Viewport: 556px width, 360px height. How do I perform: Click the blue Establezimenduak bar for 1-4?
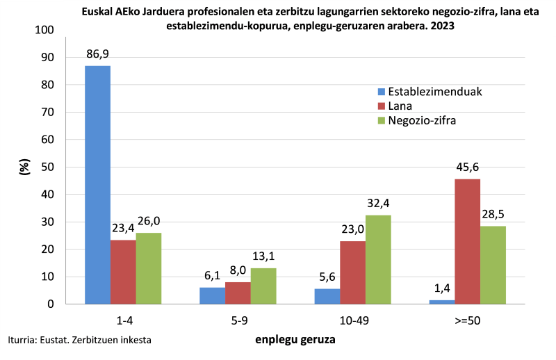[97, 185]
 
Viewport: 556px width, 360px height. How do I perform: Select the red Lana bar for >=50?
[467, 241]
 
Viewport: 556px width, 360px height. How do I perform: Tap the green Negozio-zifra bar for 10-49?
[378, 259]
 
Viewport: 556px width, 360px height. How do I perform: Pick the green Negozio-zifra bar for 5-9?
[263, 286]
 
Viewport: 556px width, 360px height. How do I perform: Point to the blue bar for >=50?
[441, 302]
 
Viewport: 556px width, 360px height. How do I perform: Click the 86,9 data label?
[97, 54]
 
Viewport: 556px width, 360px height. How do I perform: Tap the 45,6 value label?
[467, 167]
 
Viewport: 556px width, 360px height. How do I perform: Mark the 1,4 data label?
[441, 288]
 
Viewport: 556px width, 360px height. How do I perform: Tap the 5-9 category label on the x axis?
[238, 321]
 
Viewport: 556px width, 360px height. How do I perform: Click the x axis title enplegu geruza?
[295, 340]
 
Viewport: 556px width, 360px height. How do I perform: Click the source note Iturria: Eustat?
[80, 340]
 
